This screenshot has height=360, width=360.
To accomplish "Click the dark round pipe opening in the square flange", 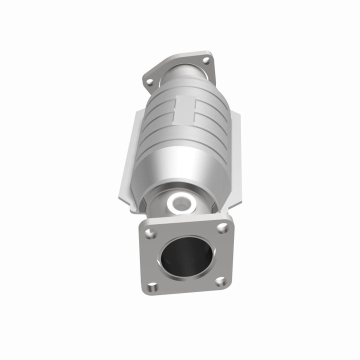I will pos(186,256).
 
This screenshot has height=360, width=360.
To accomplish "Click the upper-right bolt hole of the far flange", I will pos(205,60).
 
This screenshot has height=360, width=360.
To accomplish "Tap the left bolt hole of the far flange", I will pos(148,81).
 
